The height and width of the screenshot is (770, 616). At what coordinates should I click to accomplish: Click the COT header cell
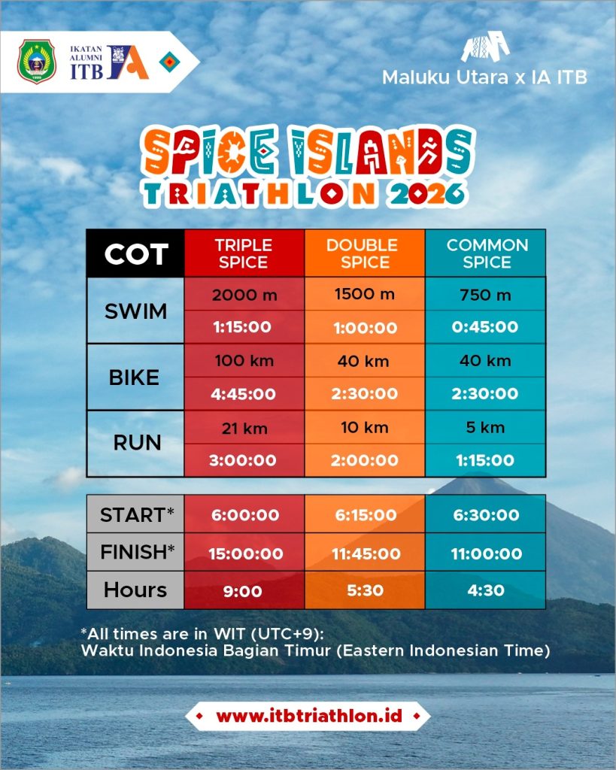(x=135, y=253)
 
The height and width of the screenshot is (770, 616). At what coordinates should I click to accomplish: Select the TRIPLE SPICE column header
(x=244, y=253)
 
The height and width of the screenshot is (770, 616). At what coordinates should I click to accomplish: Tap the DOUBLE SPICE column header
(x=365, y=253)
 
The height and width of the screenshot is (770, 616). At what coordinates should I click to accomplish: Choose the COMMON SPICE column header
(x=486, y=253)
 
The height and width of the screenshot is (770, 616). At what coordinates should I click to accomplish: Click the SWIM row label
(x=135, y=311)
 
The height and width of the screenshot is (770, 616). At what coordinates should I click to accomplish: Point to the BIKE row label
(x=135, y=377)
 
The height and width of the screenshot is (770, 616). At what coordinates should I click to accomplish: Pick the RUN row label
(x=137, y=443)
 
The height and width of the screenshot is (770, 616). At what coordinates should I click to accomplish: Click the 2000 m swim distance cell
(x=244, y=295)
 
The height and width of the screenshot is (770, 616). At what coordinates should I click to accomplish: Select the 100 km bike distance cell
(x=244, y=361)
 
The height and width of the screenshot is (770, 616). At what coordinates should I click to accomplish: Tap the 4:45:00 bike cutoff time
(x=243, y=394)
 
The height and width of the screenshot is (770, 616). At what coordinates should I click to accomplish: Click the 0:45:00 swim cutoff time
(x=485, y=327)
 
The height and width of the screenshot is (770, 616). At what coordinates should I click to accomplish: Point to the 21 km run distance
(x=244, y=428)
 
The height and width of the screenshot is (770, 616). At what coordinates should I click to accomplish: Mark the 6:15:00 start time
(x=366, y=514)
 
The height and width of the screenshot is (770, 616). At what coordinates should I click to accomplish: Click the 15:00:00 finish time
(x=246, y=554)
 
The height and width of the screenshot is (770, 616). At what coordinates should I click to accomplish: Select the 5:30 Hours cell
(x=365, y=590)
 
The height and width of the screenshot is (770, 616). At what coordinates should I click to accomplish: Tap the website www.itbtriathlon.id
(x=309, y=716)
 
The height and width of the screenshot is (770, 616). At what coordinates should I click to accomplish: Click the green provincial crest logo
(x=37, y=62)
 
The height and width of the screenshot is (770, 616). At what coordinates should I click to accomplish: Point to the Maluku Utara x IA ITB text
(x=484, y=77)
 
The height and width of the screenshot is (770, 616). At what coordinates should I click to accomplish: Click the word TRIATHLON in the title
(x=259, y=194)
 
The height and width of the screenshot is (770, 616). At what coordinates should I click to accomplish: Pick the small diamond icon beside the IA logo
(x=169, y=62)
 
